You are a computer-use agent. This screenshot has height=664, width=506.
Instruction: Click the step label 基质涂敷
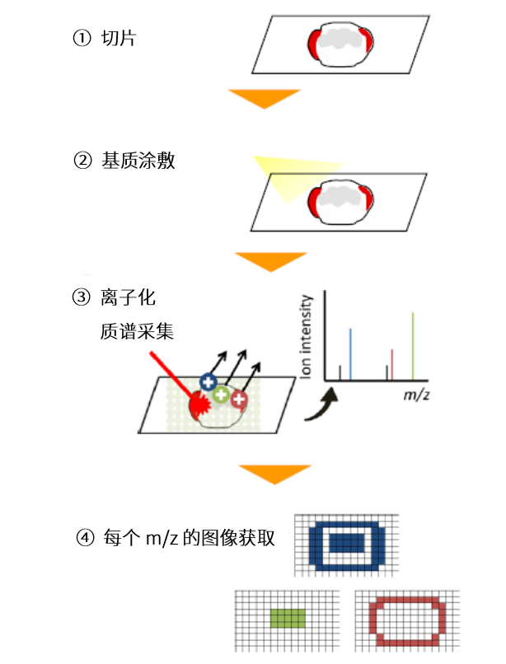click(x=138, y=161)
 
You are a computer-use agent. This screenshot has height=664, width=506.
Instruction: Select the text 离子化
click(x=128, y=297)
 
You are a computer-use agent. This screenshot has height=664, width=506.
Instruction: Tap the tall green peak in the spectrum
click(x=413, y=346)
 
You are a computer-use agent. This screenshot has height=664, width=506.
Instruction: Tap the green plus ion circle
click(x=221, y=395)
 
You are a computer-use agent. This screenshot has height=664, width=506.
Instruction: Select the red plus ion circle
click(x=240, y=400)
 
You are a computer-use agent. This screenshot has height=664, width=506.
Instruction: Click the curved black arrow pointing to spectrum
click(x=317, y=406)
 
